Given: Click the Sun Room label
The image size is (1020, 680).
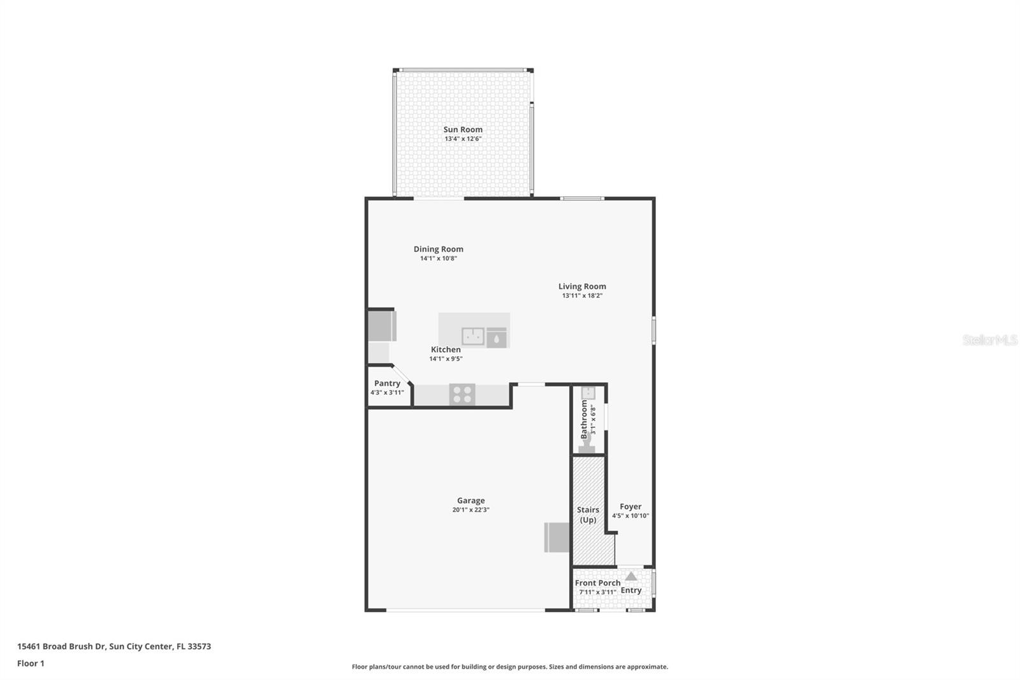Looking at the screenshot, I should (x=463, y=129).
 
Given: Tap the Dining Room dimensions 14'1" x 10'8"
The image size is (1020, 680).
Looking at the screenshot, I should (x=438, y=258).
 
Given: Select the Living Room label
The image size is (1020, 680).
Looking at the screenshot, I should (x=582, y=286).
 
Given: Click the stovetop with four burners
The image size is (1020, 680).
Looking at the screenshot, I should (x=462, y=394).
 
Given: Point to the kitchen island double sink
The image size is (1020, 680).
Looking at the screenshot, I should (x=473, y=336).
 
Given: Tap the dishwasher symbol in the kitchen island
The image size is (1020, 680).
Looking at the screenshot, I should (x=497, y=337).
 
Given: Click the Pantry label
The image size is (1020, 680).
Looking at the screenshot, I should (x=387, y=383).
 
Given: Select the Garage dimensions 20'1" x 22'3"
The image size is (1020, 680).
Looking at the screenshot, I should (x=470, y=510).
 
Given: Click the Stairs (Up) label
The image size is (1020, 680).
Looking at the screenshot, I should (x=588, y=514).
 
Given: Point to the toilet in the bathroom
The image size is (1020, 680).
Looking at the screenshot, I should (x=587, y=445).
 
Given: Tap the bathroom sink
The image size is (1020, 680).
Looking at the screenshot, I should (x=588, y=393).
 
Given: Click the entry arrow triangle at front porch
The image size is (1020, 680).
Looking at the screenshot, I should (x=630, y=576).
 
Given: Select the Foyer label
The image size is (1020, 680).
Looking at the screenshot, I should (x=630, y=506).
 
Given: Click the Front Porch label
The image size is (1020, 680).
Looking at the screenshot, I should (x=597, y=582).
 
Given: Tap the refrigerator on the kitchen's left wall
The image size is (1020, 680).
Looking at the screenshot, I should (x=382, y=325).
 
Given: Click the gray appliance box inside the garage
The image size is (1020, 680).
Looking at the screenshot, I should (x=557, y=537).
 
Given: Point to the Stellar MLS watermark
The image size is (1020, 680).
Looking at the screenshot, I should (x=989, y=340).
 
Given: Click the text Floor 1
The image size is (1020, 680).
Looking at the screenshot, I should (x=31, y=663).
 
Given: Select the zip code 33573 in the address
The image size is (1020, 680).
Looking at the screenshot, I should (x=199, y=646).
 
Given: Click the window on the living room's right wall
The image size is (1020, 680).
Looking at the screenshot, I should (x=653, y=330).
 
